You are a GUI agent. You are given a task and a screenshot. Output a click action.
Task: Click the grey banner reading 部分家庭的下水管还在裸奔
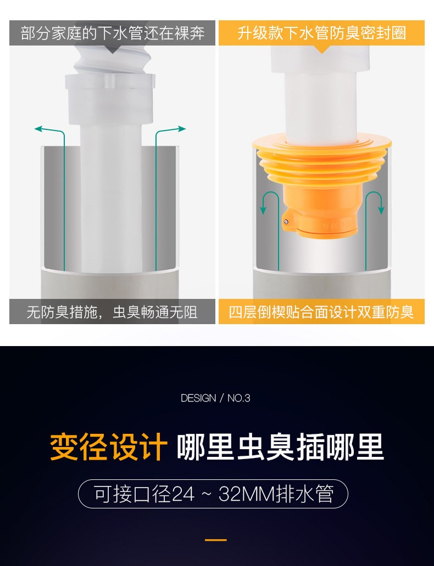pos(112,33)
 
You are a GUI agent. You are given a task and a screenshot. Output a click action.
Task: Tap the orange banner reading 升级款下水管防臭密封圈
pos(321,33)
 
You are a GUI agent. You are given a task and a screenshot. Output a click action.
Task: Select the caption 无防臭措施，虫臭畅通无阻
pos(112,312)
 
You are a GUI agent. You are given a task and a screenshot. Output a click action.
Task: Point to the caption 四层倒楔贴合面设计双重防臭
pos(321,312)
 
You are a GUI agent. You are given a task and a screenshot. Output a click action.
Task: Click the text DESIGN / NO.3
pos(215,398)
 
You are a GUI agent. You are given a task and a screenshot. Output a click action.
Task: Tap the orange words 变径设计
pos(109,447)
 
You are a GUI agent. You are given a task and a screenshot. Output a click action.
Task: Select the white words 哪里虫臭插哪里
pos(280,447)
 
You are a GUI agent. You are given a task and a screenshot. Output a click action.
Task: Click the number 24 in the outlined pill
pos(182,494)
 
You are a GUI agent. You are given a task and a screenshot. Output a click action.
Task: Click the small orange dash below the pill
pos(216,540)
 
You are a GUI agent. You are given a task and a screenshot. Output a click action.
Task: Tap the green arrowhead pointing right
pos(181,128)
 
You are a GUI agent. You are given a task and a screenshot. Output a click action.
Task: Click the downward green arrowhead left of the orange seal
pos(264,210)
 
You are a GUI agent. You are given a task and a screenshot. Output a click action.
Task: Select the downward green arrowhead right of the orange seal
pos(381,210)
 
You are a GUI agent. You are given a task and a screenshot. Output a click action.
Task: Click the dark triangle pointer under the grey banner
pos(113,49)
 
